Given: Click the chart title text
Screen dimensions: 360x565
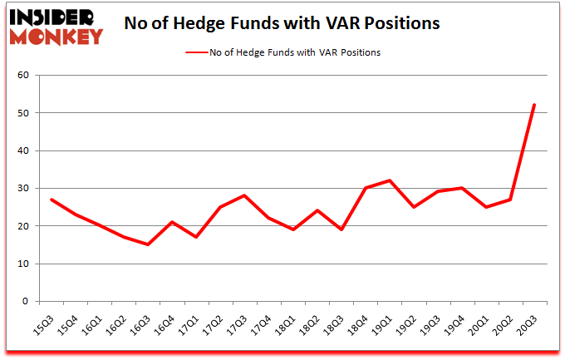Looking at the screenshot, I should point(282,23).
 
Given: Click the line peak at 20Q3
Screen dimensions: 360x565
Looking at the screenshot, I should point(534,105).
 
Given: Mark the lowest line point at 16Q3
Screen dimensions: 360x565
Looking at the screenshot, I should point(148,244).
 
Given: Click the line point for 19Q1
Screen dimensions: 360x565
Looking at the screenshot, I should point(390,180).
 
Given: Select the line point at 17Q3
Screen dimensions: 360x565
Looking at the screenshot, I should point(244,195).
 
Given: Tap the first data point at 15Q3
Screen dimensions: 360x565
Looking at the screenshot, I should point(52,200).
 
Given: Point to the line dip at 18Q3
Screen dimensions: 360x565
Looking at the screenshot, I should point(341,229).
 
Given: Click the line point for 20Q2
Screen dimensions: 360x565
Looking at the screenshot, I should point(510,200).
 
